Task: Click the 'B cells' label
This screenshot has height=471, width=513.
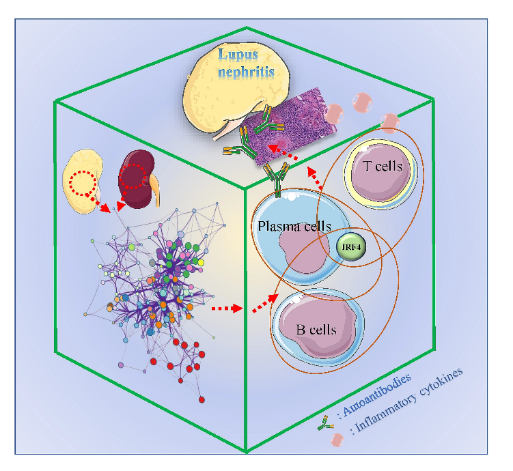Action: point(316,330)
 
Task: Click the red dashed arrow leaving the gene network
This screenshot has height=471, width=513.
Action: point(226,309)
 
